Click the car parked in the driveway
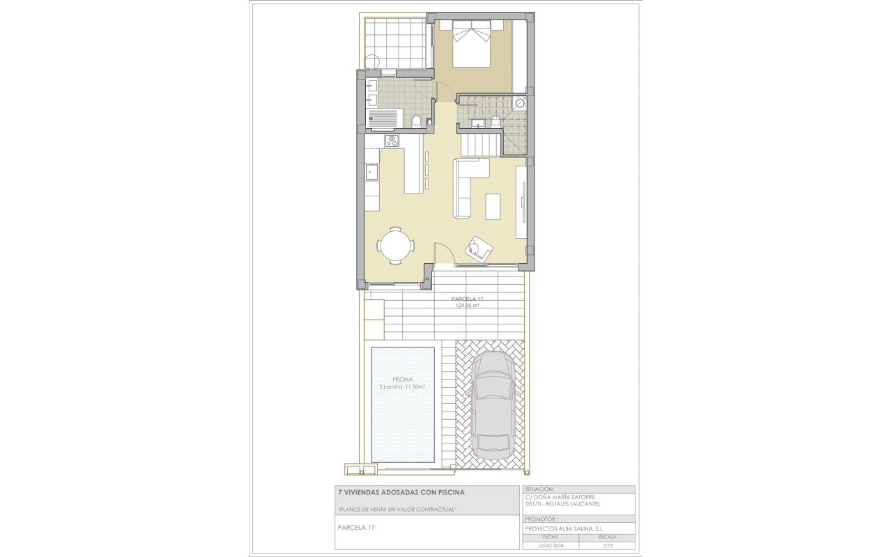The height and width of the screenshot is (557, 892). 493,404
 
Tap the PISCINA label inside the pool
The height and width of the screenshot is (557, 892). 402,379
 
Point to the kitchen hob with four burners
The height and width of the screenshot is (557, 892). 392,141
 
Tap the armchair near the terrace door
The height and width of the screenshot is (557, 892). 479,248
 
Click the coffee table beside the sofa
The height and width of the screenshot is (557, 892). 493,206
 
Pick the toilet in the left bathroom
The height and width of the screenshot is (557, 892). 417,122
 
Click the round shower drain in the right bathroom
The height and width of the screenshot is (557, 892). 520,103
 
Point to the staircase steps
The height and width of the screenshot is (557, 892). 481,145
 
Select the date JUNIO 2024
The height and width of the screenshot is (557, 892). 550,546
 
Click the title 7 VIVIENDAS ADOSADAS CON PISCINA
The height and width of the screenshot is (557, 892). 401,492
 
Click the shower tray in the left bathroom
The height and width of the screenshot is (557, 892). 384,118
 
